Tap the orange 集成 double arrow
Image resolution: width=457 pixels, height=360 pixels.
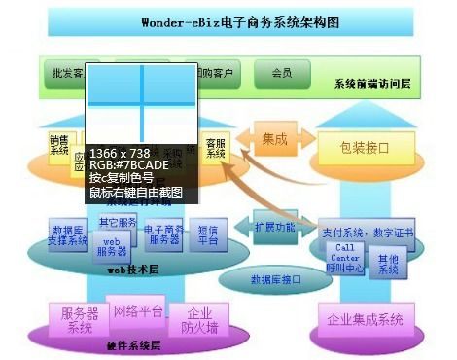(x=275, y=140)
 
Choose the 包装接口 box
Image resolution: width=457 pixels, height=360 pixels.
(x=365, y=148)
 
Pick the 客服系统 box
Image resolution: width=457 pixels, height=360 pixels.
(x=216, y=149)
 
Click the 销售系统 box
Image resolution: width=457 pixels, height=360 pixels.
(x=59, y=145)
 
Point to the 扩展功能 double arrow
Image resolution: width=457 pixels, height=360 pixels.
(x=274, y=227)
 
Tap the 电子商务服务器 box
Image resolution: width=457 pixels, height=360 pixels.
(x=163, y=235)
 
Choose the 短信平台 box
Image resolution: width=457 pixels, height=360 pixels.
(x=208, y=234)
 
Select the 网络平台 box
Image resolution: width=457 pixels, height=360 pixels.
(x=138, y=312)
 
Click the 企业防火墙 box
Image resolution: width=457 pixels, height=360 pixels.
(x=199, y=321)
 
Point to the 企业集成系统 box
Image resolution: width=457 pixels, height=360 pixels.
(x=365, y=319)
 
